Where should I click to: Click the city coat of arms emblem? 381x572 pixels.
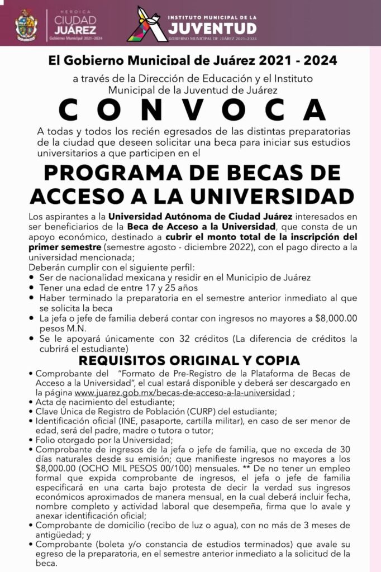coord(26,25)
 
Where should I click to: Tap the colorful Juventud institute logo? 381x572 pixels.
coord(147,24)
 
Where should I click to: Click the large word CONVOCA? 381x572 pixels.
coord(193,110)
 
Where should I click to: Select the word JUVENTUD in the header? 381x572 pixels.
coord(213,27)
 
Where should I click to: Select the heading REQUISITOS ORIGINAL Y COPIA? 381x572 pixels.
coord(189,360)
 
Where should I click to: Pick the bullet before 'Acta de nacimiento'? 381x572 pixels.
coord(30,402)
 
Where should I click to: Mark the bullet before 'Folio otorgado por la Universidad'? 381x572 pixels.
coord(30,440)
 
